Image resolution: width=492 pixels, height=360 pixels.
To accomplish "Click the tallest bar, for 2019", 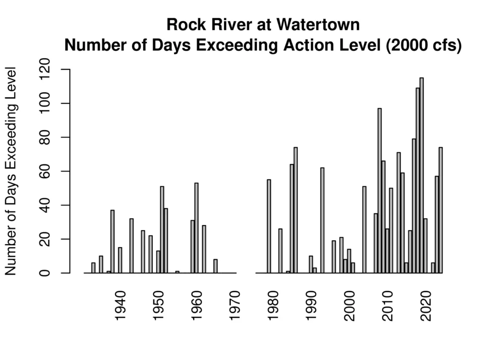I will (x=421, y=175).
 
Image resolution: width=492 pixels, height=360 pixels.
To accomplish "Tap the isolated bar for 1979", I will (x=269, y=226).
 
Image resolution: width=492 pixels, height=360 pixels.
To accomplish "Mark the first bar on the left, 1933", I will (x=93, y=268).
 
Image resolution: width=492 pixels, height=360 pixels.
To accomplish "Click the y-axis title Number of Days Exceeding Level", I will (x=12, y=171).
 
